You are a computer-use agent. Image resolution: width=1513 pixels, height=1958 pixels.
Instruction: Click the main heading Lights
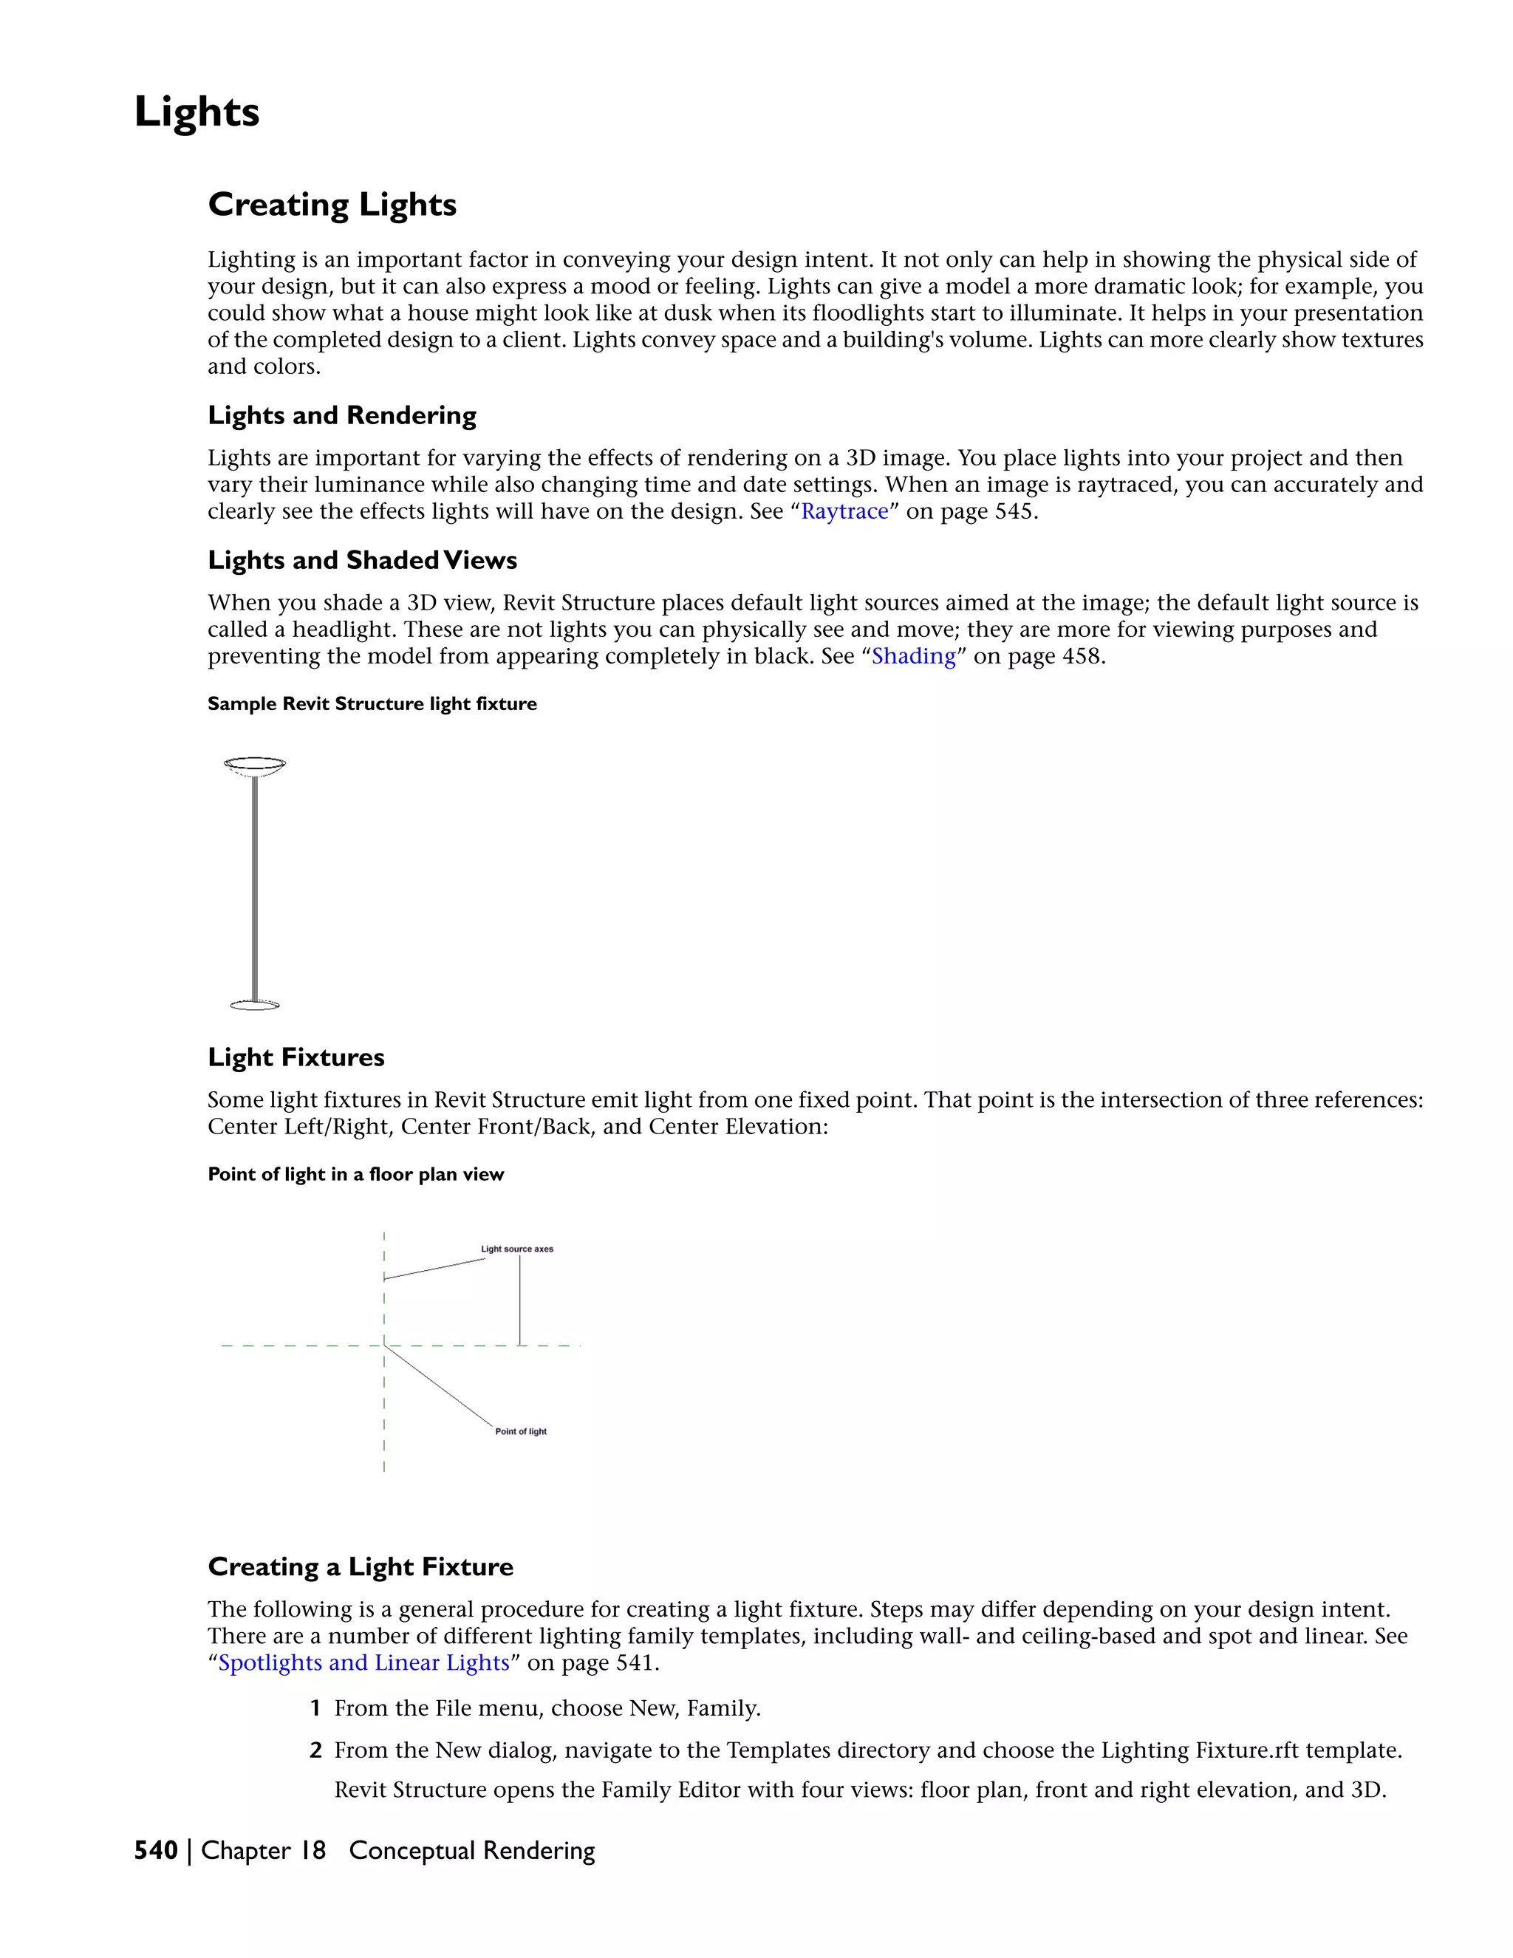tap(197, 113)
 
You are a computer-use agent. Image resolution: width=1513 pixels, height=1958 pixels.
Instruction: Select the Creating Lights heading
tap(332, 205)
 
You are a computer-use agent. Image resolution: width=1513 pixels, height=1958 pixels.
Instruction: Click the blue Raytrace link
tap(844, 511)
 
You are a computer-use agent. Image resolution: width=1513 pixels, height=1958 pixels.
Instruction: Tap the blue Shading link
tap(913, 656)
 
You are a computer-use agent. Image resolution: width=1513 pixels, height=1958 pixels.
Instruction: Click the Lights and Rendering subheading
tap(341, 415)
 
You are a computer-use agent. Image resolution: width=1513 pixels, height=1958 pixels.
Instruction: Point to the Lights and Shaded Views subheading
tap(362, 560)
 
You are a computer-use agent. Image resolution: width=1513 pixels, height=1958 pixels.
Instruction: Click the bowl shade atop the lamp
tap(255, 765)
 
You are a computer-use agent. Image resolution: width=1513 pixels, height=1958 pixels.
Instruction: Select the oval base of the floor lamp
tap(255, 1006)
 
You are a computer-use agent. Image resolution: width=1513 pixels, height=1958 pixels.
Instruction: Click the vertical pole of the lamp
tap(255, 887)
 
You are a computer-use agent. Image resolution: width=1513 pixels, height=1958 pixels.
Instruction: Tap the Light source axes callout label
tap(516, 1249)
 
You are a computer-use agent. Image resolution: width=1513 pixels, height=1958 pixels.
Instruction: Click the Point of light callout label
tap(521, 1432)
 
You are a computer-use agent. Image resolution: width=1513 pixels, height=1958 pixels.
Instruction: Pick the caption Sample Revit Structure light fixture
tap(372, 703)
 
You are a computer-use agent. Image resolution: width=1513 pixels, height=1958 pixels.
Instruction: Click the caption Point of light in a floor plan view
tap(356, 1175)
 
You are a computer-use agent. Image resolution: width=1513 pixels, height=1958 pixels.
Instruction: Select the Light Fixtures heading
tap(296, 1057)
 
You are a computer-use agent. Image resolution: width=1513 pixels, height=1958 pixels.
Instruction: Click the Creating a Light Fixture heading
tap(361, 1566)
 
